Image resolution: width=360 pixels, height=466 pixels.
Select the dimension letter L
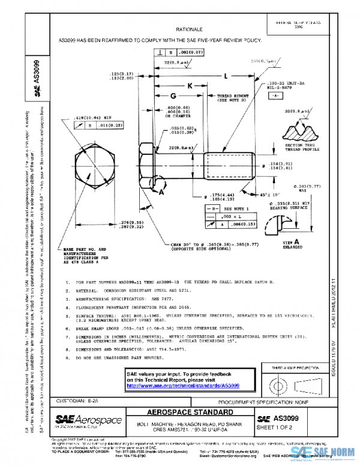[x=225, y=76]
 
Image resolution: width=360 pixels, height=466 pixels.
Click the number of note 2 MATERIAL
[x=67, y=289]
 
